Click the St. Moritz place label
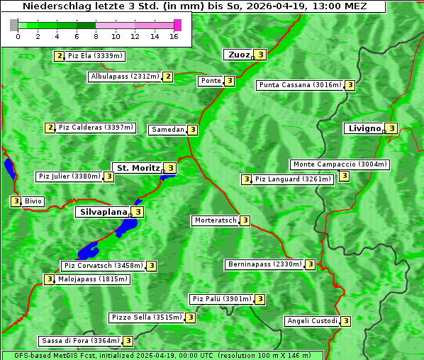pos(138,168)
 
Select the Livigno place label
pos(363,128)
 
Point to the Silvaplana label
pos(103,211)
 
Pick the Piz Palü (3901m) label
pos(221,299)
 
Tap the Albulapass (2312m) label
pos(124,77)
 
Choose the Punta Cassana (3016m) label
pos(300,85)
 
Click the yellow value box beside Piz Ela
pos(59,56)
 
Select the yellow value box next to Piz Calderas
pos(50,128)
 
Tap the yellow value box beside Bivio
pos(15,201)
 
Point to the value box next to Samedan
pos(192,130)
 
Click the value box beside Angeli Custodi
pos(345,321)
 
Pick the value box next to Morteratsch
pos(245,220)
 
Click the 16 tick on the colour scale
pos(174,36)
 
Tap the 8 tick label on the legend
pos(95,36)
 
